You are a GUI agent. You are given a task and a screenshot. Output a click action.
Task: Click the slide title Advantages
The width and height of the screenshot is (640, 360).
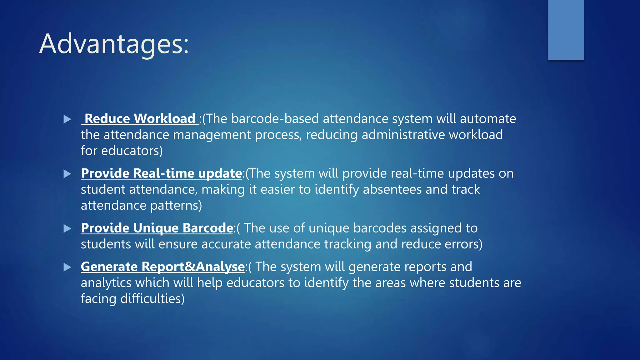coord(114,44)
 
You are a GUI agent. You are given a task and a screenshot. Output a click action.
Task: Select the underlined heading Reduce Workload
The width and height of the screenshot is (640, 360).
coord(140,119)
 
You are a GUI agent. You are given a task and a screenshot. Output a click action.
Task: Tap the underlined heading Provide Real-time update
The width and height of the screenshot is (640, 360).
coord(161,173)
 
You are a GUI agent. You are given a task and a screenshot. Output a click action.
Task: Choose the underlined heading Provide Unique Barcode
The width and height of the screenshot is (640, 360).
coord(157,228)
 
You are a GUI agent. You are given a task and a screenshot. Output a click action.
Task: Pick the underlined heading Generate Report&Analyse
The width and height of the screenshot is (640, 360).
coord(162,267)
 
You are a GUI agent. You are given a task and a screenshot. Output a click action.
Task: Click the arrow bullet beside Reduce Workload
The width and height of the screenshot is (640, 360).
coord(67,119)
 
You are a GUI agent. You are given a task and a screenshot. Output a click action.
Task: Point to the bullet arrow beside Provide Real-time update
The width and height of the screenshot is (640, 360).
coord(67,174)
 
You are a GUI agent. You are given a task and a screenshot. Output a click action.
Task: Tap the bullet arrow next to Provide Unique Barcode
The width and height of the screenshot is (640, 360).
coord(67,228)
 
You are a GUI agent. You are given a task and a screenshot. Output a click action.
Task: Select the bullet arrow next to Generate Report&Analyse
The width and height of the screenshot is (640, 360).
coord(67,267)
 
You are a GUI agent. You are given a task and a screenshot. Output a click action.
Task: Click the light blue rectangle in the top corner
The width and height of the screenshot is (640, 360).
coord(566,30)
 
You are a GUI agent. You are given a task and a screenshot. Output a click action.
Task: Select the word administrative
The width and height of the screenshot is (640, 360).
coord(403,135)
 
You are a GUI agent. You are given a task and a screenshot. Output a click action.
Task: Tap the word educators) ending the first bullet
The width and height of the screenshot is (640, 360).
coord(132,151)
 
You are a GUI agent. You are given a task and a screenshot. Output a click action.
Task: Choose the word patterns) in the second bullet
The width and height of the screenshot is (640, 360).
coord(176,206)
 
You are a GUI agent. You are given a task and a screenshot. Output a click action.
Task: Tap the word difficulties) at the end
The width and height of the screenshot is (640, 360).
coord(152,299)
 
